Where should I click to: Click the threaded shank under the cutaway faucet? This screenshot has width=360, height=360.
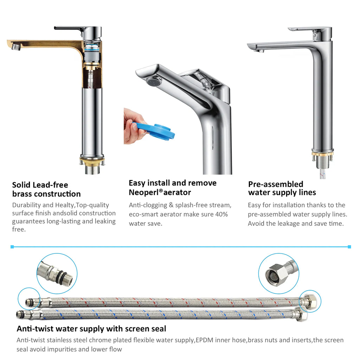92,169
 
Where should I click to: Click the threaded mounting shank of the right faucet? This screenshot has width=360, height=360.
323,163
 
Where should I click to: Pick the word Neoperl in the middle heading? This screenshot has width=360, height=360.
144,192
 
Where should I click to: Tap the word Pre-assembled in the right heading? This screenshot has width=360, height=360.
276,184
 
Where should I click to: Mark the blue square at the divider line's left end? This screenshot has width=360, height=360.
12,247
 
